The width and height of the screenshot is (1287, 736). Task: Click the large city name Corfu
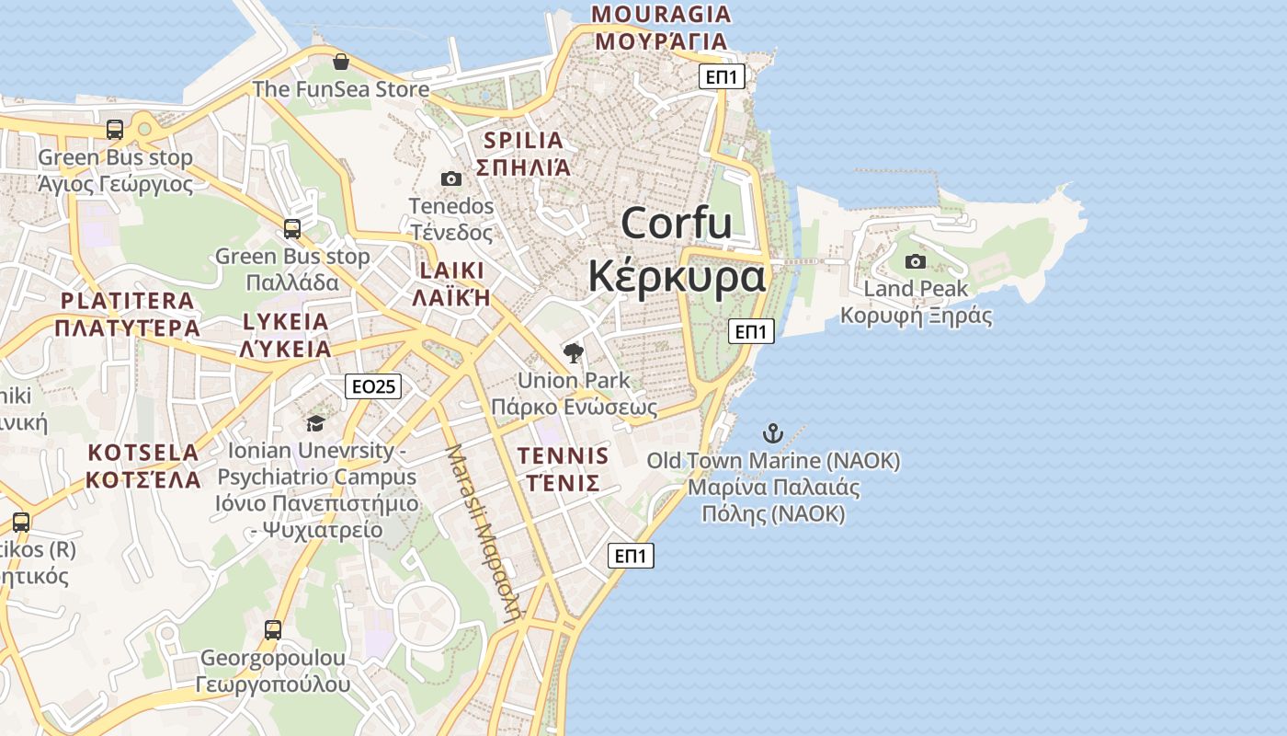677,224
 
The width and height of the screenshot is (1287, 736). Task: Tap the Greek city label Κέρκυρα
677,275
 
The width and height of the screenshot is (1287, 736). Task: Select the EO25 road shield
373,386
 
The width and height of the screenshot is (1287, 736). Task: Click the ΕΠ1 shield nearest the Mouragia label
722,77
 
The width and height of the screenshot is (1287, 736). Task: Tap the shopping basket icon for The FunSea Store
341,62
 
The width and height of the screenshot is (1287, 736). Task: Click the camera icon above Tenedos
450,178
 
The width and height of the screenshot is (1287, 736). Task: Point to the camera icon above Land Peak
915,261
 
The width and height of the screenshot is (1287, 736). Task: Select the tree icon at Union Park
574,352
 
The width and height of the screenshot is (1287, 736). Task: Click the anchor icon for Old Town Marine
773,432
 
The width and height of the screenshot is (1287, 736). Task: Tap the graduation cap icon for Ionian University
315,423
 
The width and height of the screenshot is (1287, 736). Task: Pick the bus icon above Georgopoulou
273,630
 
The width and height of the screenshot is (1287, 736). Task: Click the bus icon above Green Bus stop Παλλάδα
292,228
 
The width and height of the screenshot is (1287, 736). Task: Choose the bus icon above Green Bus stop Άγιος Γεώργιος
115,130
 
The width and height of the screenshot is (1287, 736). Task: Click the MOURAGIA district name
661,15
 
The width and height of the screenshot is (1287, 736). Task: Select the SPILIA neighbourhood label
523,141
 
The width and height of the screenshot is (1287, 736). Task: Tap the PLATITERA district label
127,301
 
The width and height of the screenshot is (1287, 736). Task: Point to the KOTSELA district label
142,453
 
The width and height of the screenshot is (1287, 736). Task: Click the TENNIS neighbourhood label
563,455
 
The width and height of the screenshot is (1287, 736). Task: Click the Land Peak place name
916,289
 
